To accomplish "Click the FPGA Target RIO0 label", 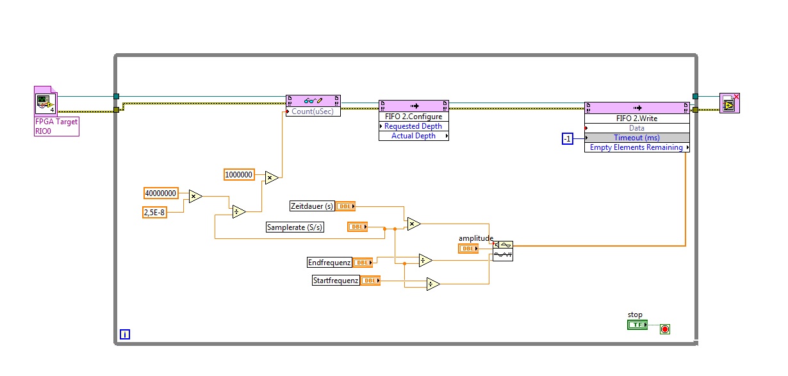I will point(56,126).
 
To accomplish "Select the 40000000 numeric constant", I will point(161,193).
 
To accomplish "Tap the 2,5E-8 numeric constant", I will point(154,212).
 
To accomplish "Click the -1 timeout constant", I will point(567,138).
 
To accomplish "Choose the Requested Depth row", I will point(413,126).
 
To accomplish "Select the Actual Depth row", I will point(413,136).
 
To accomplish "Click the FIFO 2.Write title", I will point(637,119).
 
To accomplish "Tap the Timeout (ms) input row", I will point(637,138).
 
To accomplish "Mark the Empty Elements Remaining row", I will point(637,147).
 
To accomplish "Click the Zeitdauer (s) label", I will point(312,206).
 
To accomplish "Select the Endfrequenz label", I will point(329,262).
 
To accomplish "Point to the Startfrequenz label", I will point(336,280).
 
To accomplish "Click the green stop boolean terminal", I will point(637,325).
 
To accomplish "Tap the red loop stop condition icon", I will point(665,329).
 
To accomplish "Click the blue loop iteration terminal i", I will point(125,334).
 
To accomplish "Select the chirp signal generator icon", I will point(503,250).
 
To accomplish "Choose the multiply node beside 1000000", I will point(272,177).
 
